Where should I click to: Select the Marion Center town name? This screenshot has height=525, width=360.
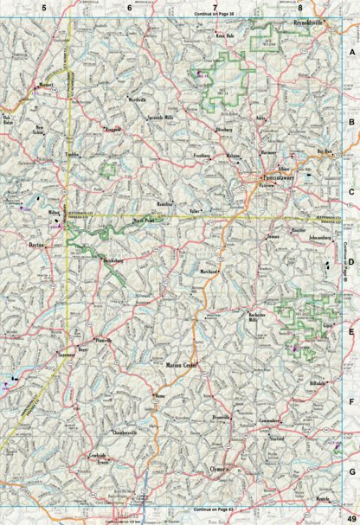point(183,364)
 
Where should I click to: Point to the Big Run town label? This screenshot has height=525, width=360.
point(325,151)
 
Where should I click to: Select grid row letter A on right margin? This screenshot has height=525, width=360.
point(352,54)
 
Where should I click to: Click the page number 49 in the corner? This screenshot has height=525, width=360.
point(349,516)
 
